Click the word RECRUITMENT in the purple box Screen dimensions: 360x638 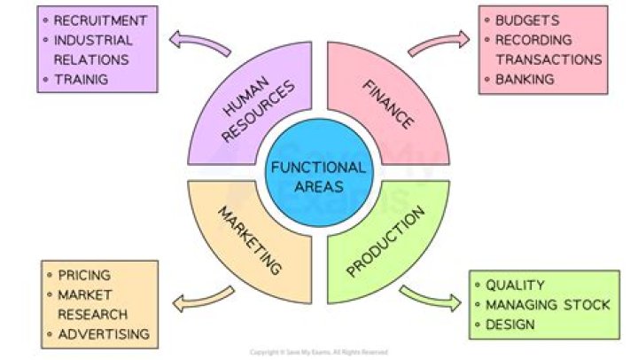click(x=100, y=20)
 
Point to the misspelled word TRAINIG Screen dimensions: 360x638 click(x=82, y=80)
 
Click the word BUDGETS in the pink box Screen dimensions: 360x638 click(x=527, y=20)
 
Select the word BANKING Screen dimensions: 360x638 click(x=525, y=80)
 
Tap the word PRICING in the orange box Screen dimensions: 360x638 click(x=84, y=275)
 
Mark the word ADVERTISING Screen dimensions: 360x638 click(x=104, y=334)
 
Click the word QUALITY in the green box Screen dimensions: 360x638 click(x=515, y=286)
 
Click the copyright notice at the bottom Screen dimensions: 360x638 click(x=319, y=352)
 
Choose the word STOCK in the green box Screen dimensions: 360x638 click(x=586, y=305)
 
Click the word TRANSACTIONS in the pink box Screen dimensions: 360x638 click(x=549, y=59)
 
